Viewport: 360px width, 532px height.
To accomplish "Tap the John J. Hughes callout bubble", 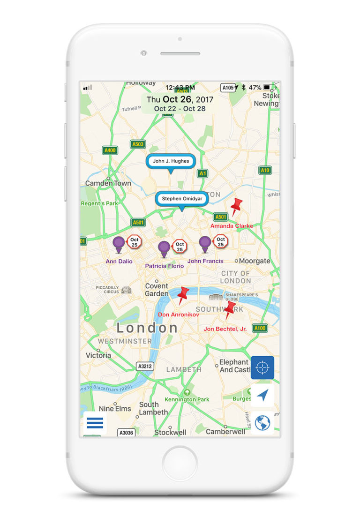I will tap(171, 161).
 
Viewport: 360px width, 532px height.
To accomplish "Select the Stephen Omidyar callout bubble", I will tap(182, 199).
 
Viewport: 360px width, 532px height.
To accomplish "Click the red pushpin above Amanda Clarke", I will tap(236, 206).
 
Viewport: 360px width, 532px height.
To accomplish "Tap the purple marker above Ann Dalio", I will tap(119, 244).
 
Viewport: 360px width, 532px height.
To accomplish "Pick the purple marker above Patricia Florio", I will tap(164, 248).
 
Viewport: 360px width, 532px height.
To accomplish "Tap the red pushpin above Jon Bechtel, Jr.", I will tap(230, 310).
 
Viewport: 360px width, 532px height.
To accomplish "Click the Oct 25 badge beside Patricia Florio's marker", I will tap(180, 246).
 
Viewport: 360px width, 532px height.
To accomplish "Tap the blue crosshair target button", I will tap(262, 367).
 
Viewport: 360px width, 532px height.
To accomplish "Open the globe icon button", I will tap(262, 423).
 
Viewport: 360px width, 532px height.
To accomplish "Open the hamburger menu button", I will tap(95, 423).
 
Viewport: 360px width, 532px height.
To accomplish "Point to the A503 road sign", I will tap(138, 144).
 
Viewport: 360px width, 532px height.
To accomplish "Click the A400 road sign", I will tap(110, 150).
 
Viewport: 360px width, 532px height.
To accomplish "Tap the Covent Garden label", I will tap(157, 290).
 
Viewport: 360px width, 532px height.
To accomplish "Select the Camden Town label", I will tap(108, 183).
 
